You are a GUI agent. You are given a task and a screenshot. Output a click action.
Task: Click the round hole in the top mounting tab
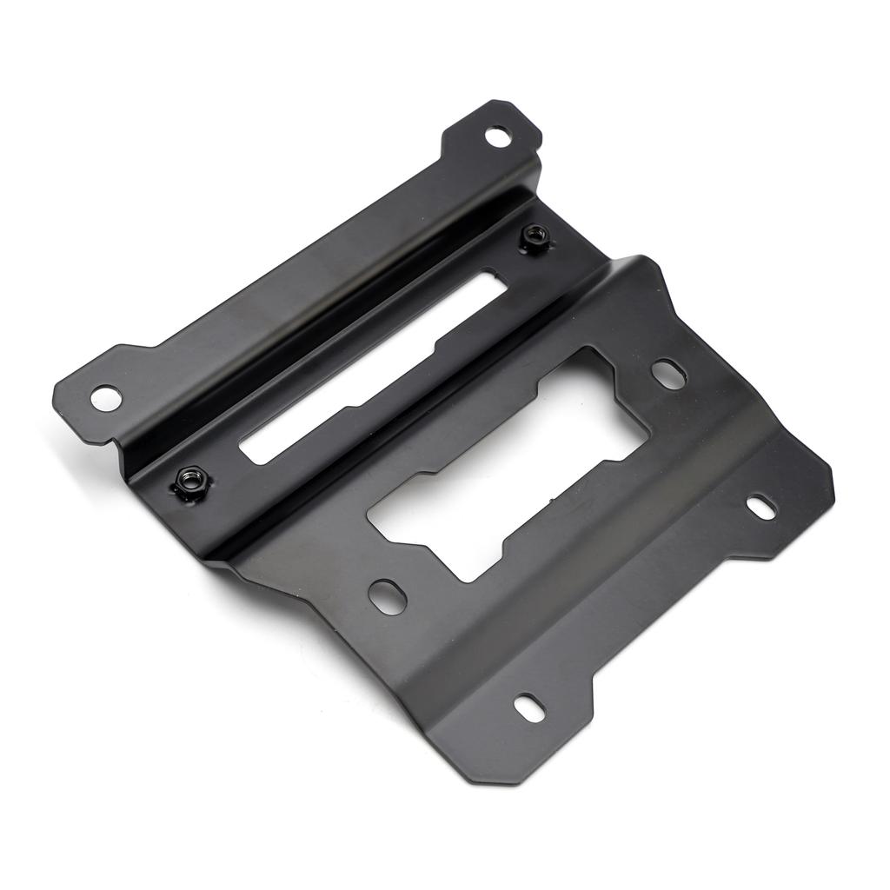(496, 136)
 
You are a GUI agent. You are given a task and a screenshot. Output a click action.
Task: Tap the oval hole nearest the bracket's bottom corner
(527, 705)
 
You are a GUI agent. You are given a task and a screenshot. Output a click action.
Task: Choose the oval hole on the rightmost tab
(761, 507)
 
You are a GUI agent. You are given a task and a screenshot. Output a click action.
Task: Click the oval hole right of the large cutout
(667, 373)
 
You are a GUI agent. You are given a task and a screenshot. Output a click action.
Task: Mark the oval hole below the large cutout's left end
(385, 595)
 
